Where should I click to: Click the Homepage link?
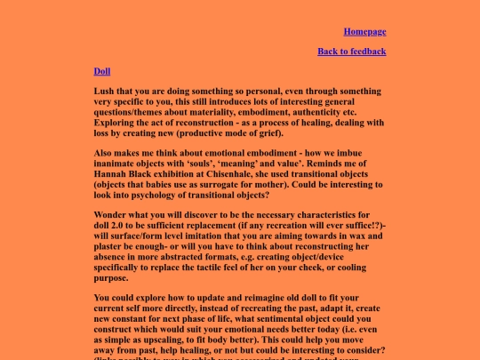tap(364, 31)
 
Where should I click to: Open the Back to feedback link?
tap(351, 51)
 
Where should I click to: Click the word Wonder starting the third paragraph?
tap(111, 216)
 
